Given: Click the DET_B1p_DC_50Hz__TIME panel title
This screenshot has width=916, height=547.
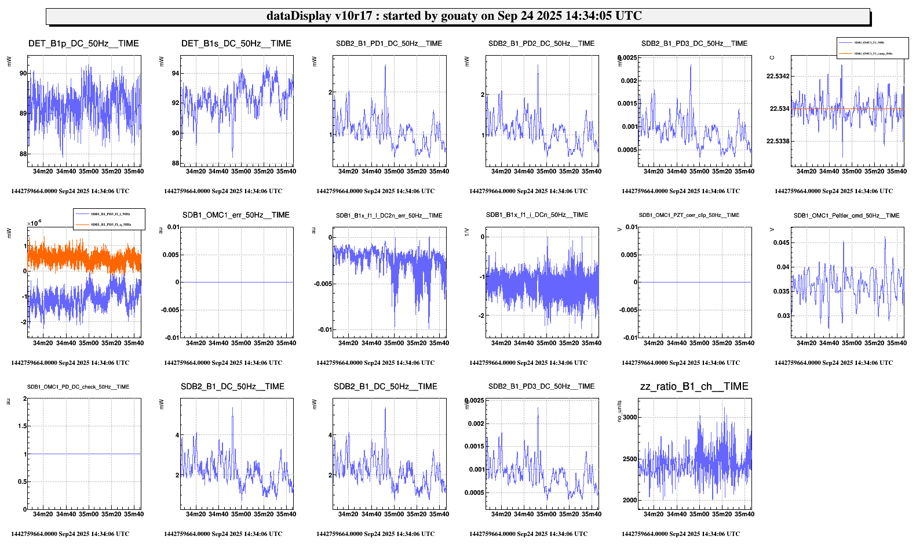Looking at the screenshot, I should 83,44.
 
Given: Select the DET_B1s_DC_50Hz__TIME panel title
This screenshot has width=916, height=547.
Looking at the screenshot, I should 236,44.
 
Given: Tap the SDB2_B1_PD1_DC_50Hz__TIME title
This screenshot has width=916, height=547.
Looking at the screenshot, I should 389,44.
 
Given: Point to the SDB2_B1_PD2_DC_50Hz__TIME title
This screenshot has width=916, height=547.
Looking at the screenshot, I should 541,44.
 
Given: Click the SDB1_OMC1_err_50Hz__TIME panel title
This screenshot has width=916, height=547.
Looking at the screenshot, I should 236,215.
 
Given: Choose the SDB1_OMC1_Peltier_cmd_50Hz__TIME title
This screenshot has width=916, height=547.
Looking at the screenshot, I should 846,216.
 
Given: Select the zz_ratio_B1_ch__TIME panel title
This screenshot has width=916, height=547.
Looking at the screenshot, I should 694,387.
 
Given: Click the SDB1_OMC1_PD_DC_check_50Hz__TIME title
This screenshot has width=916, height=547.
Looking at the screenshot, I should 78,387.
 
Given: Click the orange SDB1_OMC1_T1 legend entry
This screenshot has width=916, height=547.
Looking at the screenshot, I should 873,53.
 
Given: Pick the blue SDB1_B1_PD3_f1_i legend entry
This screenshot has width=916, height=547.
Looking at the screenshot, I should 110,214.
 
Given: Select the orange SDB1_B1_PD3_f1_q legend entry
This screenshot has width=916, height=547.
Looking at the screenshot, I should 110,224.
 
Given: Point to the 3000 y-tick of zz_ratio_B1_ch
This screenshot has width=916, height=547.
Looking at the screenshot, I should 629,417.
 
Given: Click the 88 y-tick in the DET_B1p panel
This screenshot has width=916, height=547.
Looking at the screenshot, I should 23,154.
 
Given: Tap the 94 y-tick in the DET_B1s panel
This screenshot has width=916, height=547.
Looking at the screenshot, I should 175,74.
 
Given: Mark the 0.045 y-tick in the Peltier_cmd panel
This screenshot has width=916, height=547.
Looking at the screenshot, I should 781,243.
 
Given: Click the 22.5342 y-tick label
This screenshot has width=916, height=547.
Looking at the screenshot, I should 778,77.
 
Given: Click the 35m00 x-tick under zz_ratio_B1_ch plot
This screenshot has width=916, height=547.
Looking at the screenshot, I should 699,515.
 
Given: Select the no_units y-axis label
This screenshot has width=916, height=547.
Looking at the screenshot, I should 619,411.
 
